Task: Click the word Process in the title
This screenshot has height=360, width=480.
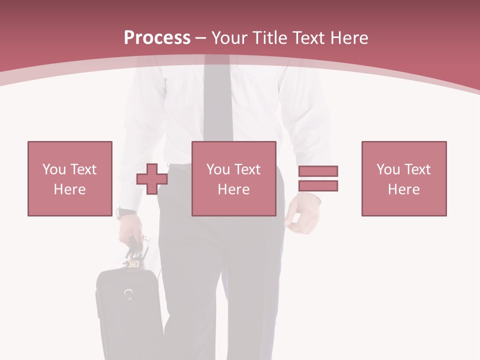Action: pyautogui.click(x=157, y=38)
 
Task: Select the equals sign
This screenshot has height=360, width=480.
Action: pyautogui.click(x=318, y=178)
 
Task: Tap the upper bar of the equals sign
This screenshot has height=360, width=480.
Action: pyautogui.click(x=318, y=171)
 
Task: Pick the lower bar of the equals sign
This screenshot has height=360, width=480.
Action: pyautogui.click(x=318, y=185)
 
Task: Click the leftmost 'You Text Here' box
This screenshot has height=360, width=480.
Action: pyautogui.click(x=69, y=178)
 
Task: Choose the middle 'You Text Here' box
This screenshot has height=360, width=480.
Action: pyautogui.click(x=233, y=178)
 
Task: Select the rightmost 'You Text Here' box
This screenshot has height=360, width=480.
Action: pyautogui.click(x=403, y=178)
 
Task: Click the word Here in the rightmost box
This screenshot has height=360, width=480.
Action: pyautogui.click(x=403, y=189)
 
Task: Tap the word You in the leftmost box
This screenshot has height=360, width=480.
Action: pyautogui.click(x=54, y=169)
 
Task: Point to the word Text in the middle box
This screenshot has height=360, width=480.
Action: pyautogui.click(x=247, y=169)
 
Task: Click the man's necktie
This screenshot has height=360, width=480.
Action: pyautogui.click(x=218, y=100)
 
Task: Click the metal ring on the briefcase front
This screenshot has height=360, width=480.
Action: pyautogui.click(x=129, y=293)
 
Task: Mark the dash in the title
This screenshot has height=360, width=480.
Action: pyautogui.click(x=201, y=38)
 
